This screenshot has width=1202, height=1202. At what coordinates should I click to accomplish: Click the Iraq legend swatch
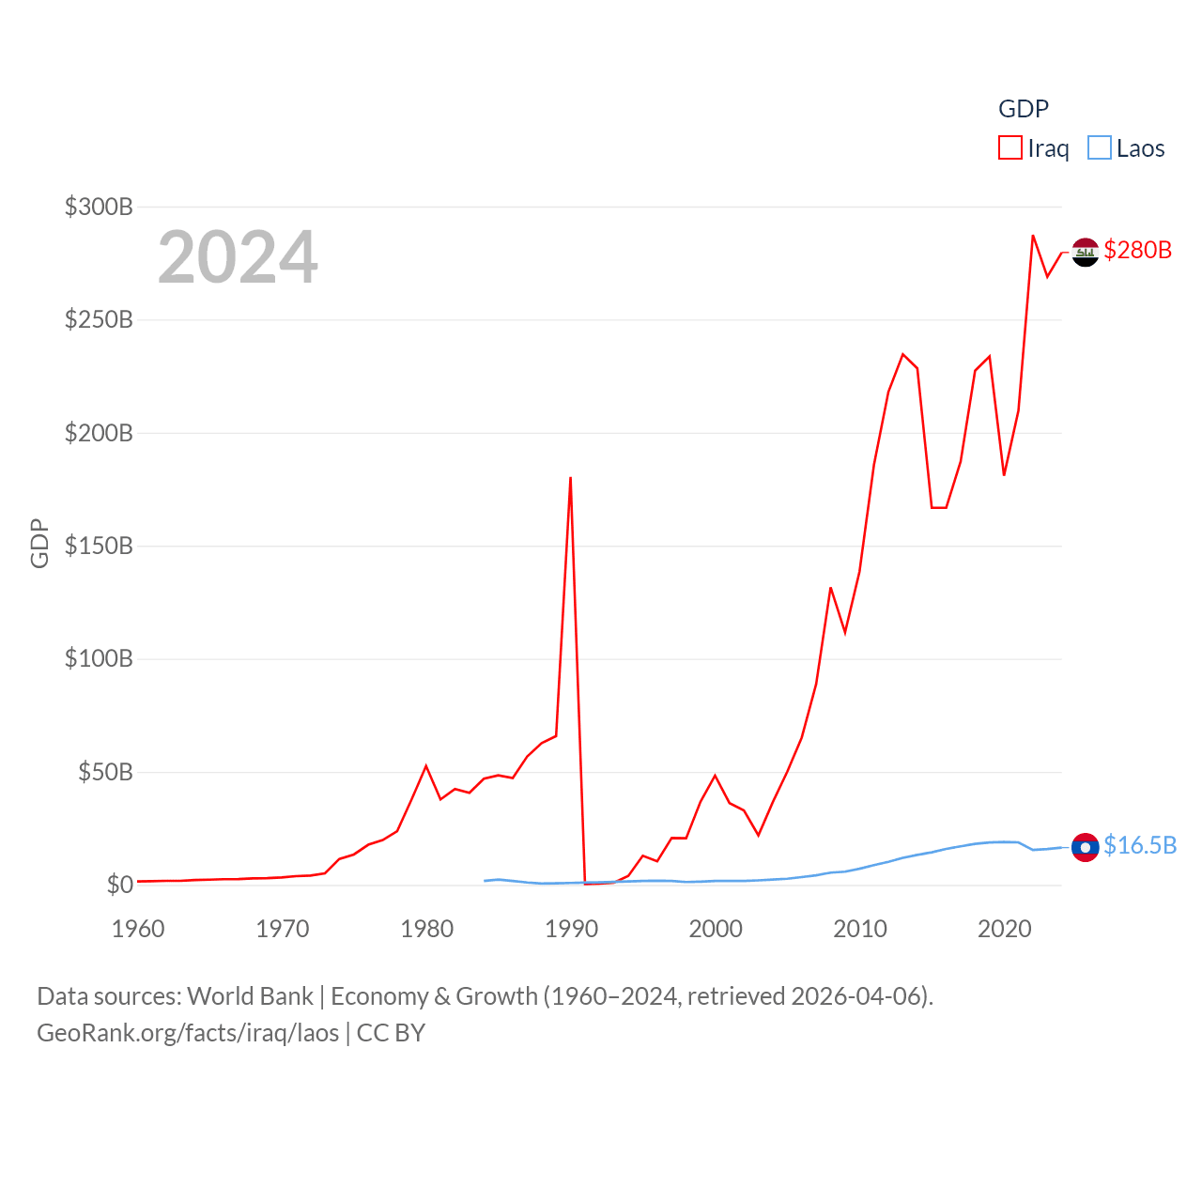1009,148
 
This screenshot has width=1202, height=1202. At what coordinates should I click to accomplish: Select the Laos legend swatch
1099,148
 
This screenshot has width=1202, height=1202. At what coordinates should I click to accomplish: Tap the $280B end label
1137,250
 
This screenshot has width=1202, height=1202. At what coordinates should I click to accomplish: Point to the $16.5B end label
1139,845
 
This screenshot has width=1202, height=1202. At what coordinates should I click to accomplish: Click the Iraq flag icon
1086,252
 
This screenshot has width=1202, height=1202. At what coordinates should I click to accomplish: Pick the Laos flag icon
1086,847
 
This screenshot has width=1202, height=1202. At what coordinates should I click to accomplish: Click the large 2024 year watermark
238,257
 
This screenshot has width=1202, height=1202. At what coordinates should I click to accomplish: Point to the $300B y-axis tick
99,207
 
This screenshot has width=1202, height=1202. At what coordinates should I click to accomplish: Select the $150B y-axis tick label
99,546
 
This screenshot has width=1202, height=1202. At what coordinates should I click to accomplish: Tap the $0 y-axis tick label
120,885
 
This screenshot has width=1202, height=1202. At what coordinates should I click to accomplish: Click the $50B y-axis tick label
105,772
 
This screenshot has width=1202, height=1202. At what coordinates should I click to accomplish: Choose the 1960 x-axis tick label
138,929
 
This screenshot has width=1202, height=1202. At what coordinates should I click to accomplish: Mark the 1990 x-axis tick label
571,929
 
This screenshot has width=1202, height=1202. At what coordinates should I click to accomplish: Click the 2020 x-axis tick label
1004,929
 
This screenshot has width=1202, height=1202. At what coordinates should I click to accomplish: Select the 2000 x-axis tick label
716,929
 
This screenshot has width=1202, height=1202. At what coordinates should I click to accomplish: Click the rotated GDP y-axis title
39,543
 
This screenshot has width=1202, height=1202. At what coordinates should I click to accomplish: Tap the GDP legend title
1024,109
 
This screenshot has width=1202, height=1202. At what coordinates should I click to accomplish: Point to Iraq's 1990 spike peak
570,478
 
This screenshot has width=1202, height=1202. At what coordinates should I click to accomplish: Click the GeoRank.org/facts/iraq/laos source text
188,1033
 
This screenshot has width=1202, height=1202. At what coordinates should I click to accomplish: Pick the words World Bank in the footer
250,996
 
